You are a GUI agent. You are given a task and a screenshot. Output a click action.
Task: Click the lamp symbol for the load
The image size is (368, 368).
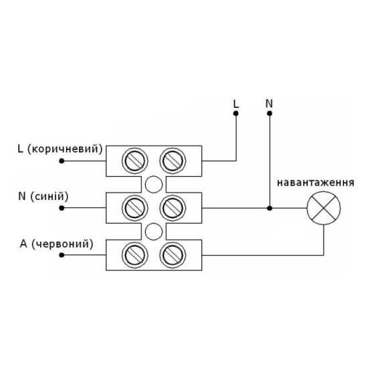[x=324, y=208]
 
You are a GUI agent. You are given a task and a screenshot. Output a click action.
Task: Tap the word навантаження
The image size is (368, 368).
[x=316, y=183]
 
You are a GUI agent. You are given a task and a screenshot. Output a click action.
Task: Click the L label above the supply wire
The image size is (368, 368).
[x=236, y=104]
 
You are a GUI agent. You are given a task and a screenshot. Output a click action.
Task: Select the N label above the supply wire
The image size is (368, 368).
[x=269, y=104]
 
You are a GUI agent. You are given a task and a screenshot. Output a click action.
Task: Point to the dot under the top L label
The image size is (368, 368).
[x=236, y=114]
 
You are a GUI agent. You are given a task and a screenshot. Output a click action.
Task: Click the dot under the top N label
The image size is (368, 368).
[x=270, y=114]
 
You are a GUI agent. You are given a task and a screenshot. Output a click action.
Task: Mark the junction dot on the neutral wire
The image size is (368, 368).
[x=270, y=208]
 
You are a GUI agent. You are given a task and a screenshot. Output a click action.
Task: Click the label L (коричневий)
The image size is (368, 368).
[x=60, y=149]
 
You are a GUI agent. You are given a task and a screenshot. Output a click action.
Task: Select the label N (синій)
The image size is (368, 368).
[x=43, y=196]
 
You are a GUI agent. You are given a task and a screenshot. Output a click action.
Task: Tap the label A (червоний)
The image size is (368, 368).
[x=57, y=244]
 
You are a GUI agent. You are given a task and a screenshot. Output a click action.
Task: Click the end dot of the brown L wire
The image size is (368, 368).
[x=62, y=161]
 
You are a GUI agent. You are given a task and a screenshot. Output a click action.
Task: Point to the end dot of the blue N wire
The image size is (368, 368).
[x=62, y=208]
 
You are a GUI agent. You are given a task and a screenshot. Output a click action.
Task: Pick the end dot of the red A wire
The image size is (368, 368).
[x=62, y=255]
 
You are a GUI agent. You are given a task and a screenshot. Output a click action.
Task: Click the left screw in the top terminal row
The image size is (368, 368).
[x=135, y=161]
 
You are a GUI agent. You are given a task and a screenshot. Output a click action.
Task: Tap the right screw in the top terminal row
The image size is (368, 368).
[x=173, y=161]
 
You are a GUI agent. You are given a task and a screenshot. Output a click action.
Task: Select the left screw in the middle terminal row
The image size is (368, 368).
[x=135, y=208]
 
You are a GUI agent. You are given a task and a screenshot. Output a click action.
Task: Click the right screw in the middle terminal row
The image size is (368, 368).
[x=173, y=208]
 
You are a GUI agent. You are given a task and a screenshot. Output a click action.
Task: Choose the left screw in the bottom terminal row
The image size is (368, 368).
[x=135, y=255]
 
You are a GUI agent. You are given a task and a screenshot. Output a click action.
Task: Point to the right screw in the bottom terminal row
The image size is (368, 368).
[x=173, y=255]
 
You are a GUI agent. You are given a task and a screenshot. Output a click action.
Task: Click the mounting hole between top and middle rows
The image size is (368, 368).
[x=154, y=185]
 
